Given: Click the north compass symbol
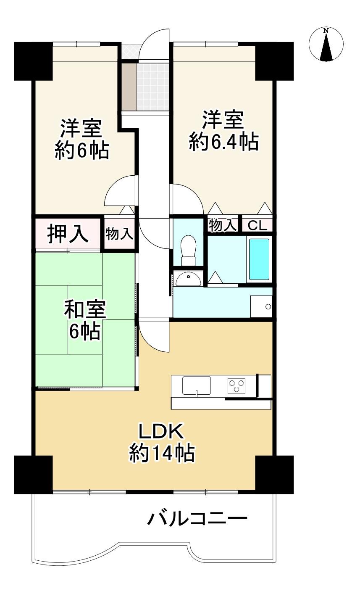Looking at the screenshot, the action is pyautogui.click(x=326, y=44).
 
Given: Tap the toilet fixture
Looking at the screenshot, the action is pyautogui.click(x=188, y=250).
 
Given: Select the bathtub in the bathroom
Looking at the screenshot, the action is pyautogui.click(x=259, y=259).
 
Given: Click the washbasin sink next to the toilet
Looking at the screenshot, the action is pyautogui.click(x=188, y=280).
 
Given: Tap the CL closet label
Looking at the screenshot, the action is pyautogui.click(x=257, y=226).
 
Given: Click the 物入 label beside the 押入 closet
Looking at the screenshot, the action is pyautogui.click(x=119, y=234).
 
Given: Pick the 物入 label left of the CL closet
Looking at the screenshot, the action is pyautogui.click(x=222, y=226).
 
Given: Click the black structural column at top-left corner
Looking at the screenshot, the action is pyautogui.click(x=33, y=61).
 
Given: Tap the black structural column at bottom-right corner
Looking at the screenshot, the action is pyautogui.click(x=274, y=475).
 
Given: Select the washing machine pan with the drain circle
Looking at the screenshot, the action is pyautogui.click(x=261, y=306).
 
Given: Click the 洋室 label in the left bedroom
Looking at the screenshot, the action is pyautogui.click(x=81, y=129).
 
